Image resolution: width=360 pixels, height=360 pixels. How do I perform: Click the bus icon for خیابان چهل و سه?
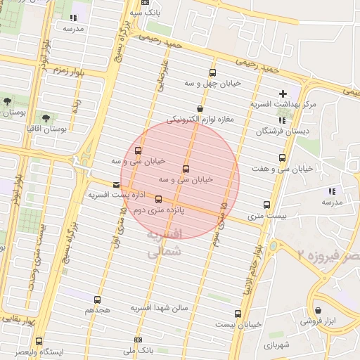(x=212, y=73)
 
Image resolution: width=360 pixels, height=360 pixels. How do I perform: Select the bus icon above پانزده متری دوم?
(x=158, y=199)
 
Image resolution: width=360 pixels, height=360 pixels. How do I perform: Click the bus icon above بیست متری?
(x=266, y=205)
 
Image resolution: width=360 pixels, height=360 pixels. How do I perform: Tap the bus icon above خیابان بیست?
(x=238, y=314)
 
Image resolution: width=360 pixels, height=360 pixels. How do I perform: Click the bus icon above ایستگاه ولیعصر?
(x=39, y=341)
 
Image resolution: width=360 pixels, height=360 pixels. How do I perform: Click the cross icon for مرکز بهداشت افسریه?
(x=283, y=94)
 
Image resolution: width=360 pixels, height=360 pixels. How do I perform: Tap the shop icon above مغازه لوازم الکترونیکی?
(x=200, y=109)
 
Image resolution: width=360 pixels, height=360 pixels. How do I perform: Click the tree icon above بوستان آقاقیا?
(x=46, y=118)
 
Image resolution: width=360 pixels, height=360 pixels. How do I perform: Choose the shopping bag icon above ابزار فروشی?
(x=319, y=309)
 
